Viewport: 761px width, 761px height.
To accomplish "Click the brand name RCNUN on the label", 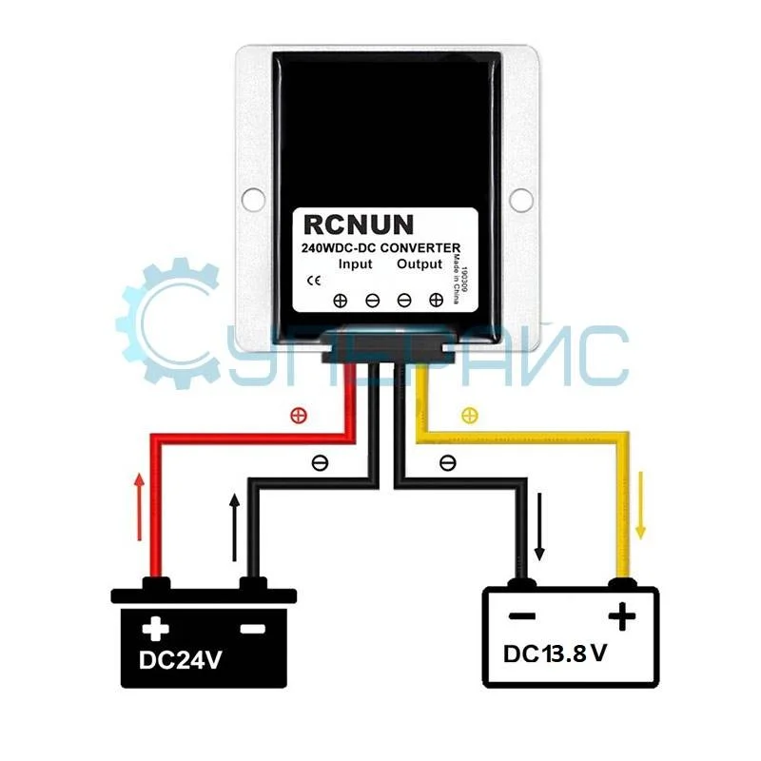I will pyautogui.click(x=359, y=224).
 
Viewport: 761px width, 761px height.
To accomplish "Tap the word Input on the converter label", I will pyautogui.click(x=355, y=264).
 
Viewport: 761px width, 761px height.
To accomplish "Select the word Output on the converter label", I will pyautogui.click(x=420, y=264).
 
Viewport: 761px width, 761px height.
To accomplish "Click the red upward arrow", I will pyautogui.click(x=140, y=506).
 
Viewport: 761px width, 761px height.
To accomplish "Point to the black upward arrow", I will pyautogui.click(x=234, y=527).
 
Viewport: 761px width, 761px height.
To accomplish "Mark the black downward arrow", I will pyautogui.click(x=540, y=529).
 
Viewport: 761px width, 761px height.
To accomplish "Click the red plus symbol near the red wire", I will pyautogui.click(x=297, y=415).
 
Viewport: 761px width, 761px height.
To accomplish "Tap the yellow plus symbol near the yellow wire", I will pyautogui.click(x=468, y=415).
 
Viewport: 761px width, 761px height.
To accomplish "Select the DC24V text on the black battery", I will pyautogui.click(x=181, y=658).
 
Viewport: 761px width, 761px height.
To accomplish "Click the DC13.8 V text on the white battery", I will pyautogui.click(x=556, y=654).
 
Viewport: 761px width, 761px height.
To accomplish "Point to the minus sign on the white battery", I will pyautogui.click(x=521, y=616).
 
